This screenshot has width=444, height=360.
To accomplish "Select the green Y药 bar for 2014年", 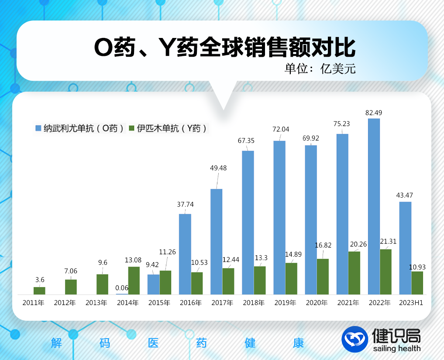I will (x=134, y=280).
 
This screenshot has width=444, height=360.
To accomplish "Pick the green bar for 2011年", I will (x=39, y=290).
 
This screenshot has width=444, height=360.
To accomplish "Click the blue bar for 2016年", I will (x=185, y=254).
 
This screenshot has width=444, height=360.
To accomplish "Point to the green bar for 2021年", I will (x=354, y=272).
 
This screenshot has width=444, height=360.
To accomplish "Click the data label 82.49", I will (x=374, y=113).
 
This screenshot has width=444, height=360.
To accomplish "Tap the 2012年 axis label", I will (x=65, y=302).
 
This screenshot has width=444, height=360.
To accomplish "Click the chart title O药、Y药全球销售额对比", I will (x=225, y=47).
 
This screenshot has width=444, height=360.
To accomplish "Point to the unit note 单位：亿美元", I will (x=320, y=69).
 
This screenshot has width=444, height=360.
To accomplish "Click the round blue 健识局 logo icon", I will (x=355, y=339).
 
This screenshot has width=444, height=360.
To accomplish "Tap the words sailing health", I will (x=397, y=348).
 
